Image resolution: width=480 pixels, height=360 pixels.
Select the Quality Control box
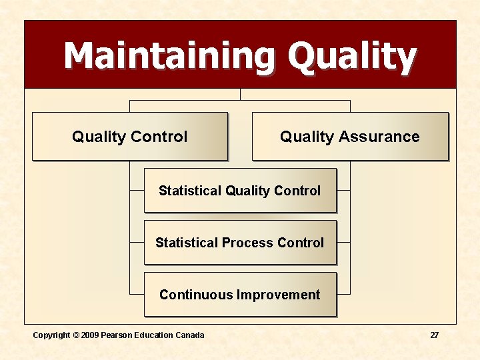click(x=130, y=137)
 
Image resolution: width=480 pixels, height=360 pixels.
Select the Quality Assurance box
click(x=350, y=137)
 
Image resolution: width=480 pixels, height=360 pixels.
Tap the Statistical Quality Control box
click(x=240, y=191)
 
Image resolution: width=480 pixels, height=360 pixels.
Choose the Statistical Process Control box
click(x=240, y=243)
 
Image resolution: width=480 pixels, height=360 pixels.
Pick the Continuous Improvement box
click(x=240, y=295)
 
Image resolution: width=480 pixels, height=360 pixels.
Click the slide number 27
click(x=434, y=335)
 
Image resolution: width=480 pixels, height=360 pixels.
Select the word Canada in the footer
click(x=190, y=335)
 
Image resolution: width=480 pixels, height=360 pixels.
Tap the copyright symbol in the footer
click(x=76, y=335)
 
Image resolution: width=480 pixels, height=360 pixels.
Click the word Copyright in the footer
click(x=52, y=335)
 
